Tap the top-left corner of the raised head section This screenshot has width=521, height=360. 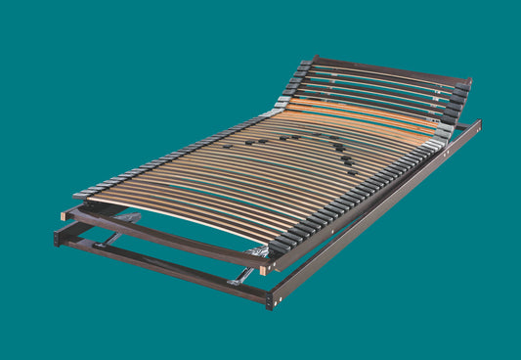[315, 59]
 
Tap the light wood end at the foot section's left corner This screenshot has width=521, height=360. [65, 214]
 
